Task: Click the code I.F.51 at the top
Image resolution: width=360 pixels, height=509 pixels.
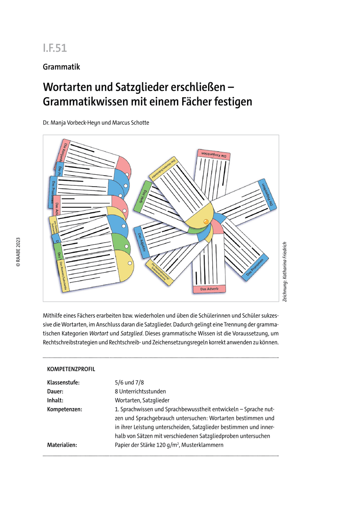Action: [55, 48]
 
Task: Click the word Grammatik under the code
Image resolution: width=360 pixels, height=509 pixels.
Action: [61, 67]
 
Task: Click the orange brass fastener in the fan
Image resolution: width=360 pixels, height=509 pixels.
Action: [206, 221]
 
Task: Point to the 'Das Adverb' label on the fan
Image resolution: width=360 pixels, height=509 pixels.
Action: [209, 289]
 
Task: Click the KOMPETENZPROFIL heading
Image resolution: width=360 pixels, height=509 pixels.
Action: [71, 369]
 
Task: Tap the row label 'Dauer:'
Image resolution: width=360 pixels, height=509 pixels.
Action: [56, 391]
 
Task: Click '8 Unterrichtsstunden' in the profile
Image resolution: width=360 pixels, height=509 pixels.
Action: [140, 391]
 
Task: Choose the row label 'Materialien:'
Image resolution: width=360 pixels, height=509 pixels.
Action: [62, 445]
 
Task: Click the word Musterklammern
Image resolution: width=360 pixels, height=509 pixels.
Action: [203, 445]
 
